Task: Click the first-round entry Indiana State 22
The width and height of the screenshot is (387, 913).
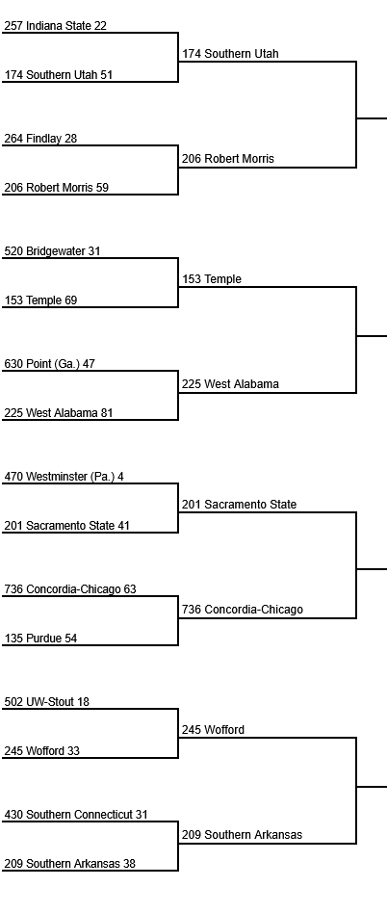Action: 55,26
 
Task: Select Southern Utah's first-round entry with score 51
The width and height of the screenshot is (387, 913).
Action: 58,74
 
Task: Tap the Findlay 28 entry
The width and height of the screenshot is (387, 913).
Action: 40,139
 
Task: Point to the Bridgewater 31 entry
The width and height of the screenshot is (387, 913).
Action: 52,251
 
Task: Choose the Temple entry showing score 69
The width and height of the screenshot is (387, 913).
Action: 40,300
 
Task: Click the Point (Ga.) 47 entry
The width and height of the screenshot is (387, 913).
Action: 49,364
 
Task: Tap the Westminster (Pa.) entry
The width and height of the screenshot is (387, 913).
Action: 64,477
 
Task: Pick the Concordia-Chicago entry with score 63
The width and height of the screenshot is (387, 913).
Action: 70,589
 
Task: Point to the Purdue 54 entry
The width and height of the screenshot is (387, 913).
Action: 40,639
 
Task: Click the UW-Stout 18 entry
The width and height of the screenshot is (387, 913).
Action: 47,702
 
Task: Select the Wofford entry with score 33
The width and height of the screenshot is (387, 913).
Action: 42,751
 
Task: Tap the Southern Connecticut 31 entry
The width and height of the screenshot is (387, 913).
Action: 76,815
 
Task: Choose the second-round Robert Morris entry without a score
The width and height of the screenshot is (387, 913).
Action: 228,158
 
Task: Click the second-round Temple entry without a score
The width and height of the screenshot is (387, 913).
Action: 212,279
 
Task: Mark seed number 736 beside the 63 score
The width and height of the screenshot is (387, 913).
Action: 14,589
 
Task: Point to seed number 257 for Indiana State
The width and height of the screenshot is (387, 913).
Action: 14,26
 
